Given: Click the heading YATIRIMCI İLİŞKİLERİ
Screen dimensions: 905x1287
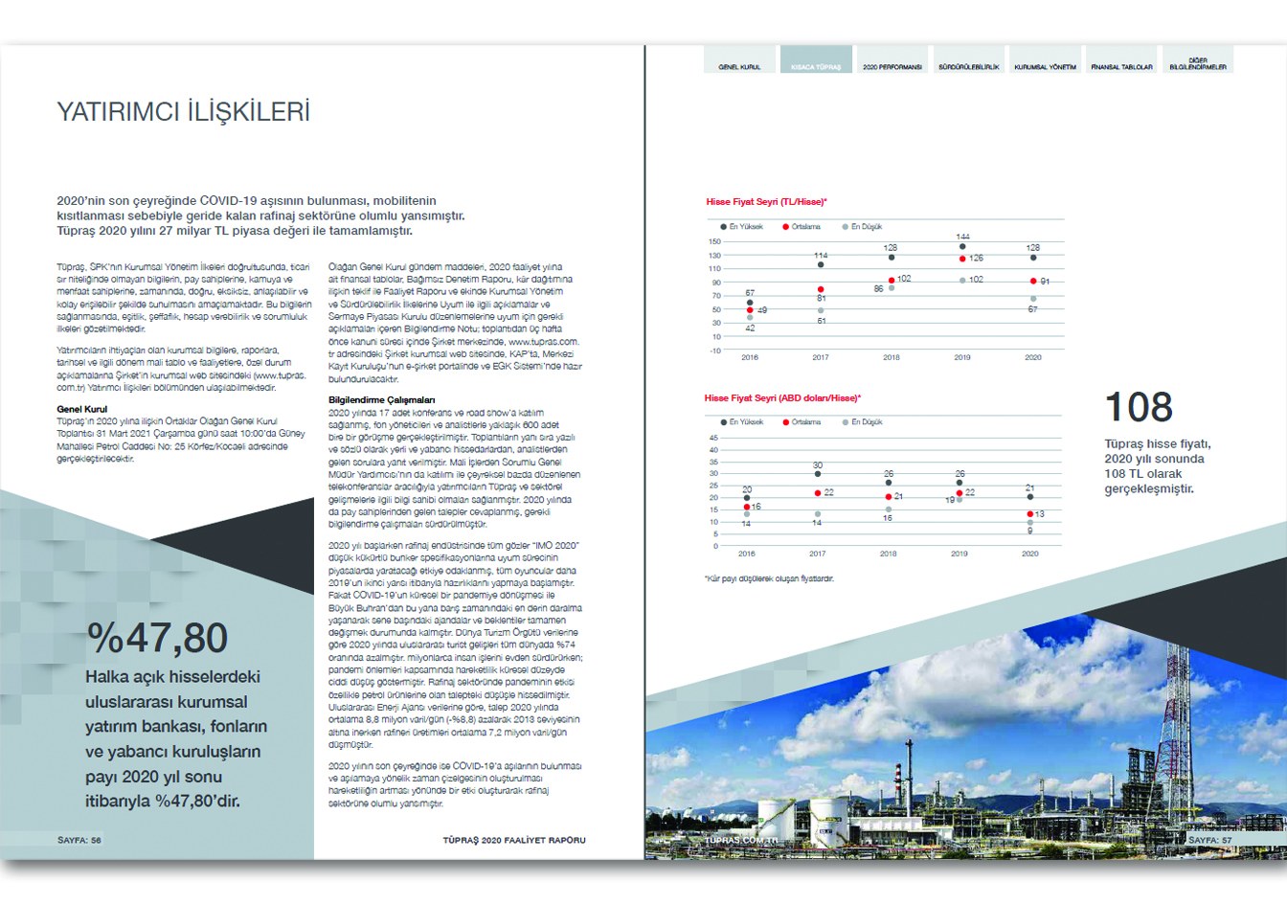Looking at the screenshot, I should pos(183,112).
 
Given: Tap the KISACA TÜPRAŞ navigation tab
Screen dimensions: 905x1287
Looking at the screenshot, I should pos(815,67).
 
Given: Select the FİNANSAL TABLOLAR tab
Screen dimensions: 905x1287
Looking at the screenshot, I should pos(1121,67).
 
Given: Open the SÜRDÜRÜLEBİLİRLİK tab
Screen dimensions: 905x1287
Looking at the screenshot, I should pos(968,67).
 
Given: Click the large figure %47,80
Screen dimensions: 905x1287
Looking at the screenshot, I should pos(158,638).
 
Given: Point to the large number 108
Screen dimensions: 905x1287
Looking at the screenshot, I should pos(1138,408).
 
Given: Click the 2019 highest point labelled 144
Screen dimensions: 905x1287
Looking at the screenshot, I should pos(962,247).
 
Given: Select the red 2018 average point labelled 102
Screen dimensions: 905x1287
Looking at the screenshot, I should pos(892,280).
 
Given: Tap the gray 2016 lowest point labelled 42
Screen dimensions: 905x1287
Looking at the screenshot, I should pos(750,317).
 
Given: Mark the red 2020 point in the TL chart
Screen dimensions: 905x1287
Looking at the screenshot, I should pos(1033,281).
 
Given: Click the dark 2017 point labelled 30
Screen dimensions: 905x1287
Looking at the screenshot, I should pos(817,474).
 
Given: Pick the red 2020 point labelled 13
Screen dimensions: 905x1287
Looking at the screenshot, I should pos(1030,514).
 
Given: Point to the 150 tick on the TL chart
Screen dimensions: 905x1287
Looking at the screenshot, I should pos(714,242).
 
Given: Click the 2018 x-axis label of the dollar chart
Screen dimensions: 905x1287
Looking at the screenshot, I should pos(888,554).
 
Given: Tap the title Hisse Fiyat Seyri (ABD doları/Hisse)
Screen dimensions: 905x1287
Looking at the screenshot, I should pos(781,398).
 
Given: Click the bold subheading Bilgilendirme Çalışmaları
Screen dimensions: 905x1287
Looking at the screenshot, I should pos(381,399).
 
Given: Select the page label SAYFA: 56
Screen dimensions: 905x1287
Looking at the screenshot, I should pos(79,840).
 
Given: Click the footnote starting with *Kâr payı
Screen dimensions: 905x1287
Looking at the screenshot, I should pos(768,578).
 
